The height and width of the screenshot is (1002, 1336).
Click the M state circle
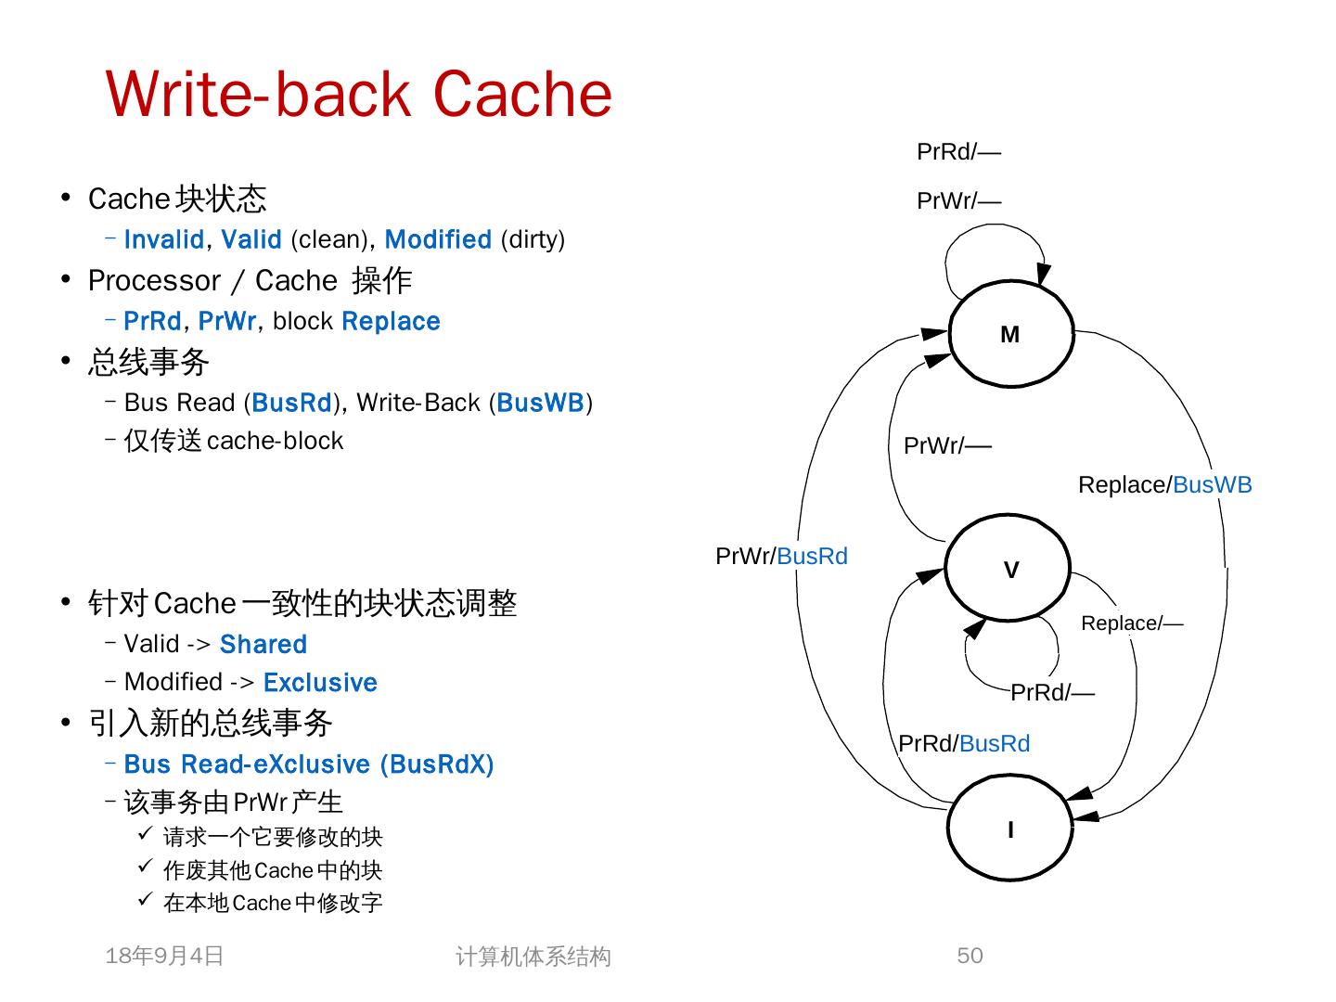pos(1010,334)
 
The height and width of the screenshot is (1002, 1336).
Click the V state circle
pos(1008,569)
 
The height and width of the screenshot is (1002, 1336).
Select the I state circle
pos(1010,829)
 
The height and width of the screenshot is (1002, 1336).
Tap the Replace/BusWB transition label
pos(1164,485)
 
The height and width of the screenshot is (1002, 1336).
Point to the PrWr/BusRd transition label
pos(781,557)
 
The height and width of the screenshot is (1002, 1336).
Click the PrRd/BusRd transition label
pos(964,744)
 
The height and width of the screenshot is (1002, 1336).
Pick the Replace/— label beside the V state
pos(1132,623)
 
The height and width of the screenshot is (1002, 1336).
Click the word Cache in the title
pos(522,94)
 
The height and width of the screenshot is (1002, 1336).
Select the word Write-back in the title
pos(259,94)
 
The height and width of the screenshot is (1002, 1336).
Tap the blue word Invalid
pos(164,239)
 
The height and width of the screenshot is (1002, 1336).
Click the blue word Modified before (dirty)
pos(438,239)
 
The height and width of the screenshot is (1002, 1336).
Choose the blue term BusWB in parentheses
pos(540,403)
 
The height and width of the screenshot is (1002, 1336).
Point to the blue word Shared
pos(263,644)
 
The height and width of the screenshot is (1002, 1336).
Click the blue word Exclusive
pos(320,683)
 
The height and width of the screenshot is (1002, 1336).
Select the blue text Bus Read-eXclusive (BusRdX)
pos(308,764)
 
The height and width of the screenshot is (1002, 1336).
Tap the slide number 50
pos(970,956)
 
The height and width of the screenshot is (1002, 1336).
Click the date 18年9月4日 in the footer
pos(165,956)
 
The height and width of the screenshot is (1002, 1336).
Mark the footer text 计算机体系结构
pos(533,957)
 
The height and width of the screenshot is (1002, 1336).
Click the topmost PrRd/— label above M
pos(958,152)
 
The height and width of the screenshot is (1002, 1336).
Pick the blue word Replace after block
pos(391,321)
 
